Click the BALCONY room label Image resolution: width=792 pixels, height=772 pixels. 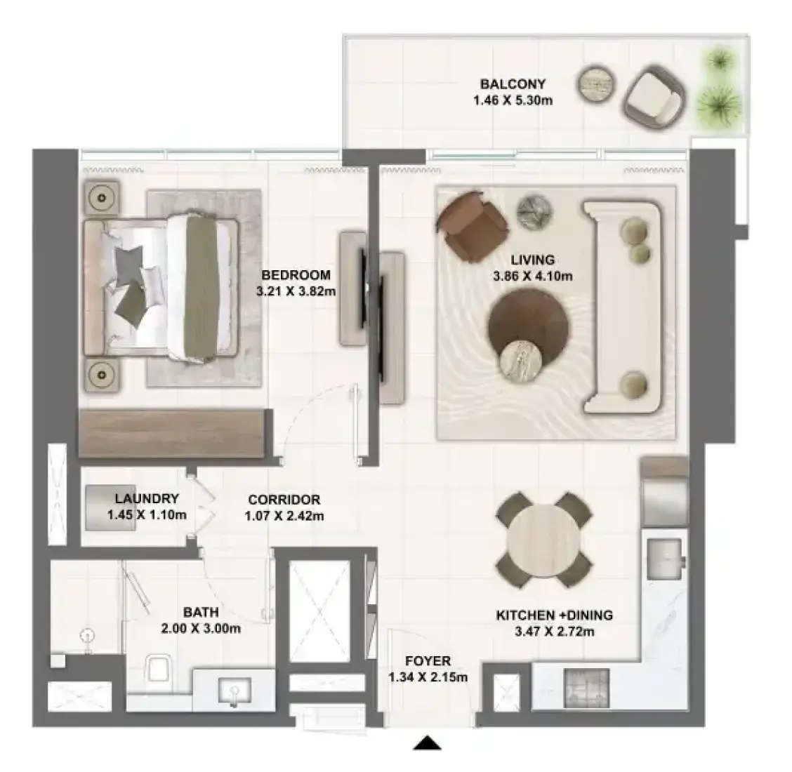pos(513,84)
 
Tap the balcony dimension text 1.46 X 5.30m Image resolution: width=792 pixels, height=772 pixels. pos(513,100)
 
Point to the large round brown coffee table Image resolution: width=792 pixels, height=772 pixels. pos(528,323)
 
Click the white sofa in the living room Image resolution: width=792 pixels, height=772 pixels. pos(622,308)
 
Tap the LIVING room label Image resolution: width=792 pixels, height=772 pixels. pos(532,260)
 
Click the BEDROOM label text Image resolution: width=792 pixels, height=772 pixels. pos(296,275)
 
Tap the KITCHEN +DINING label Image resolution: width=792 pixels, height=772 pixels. pos(555,615)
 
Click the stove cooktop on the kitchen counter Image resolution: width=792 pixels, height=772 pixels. pos(586,688)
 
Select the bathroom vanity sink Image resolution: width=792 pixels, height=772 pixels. pos(235,690)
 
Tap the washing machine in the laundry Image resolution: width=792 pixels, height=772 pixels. pos(110,508)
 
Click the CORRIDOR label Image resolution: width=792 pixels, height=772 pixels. pos(284,500)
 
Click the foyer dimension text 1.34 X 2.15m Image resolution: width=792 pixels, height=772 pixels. pos(428,677)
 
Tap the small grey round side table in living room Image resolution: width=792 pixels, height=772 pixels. pos(534,212)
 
